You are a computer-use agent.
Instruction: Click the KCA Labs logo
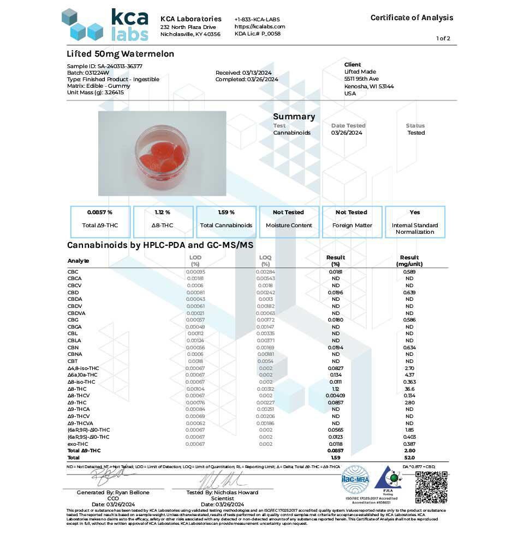coord(105,25)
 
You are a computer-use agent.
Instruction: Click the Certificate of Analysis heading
coord(412,17)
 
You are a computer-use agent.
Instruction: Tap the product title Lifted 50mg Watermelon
coord(120,54)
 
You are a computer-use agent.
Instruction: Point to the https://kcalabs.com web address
coord(260,27)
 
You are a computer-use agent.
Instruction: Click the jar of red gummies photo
coord(162,153)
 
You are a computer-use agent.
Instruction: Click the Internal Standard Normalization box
coord(415,221)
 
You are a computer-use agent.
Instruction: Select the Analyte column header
coord(78,260)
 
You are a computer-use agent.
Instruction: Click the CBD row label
coord(73,292)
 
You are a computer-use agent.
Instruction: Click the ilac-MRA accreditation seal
coord(355,480)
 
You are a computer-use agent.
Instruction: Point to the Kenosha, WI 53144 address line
coord(369,86)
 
